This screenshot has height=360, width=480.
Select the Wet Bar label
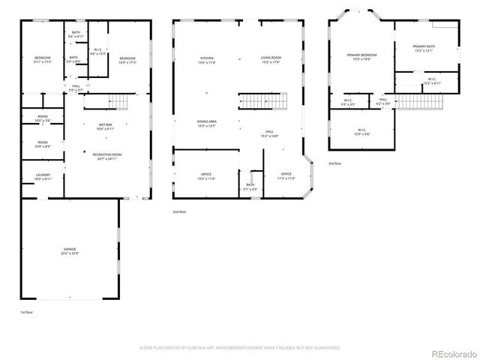coord(104,126)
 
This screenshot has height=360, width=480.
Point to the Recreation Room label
coord(107,155)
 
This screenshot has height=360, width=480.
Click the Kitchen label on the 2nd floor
coord(206,60)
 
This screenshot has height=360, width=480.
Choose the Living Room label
coord(270,60)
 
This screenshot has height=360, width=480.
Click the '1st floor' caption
coord(27,311)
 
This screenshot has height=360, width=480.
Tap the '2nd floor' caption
coord(180,212)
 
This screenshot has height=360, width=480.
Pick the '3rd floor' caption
coord(334,163)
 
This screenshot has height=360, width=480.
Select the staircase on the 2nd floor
coord(262,99)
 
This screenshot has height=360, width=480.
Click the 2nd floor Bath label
coord(250,186)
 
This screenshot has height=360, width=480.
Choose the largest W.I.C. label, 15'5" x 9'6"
coord(361,132)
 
